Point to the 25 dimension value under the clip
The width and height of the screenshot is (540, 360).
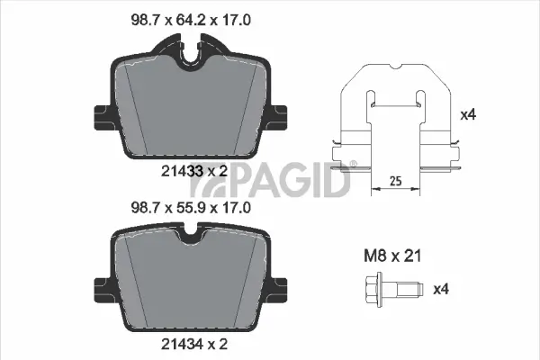[x=394, y=181]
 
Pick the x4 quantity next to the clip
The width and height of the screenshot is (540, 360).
[x=467, y=114]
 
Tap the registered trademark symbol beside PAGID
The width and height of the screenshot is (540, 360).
[x=353, y=163]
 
